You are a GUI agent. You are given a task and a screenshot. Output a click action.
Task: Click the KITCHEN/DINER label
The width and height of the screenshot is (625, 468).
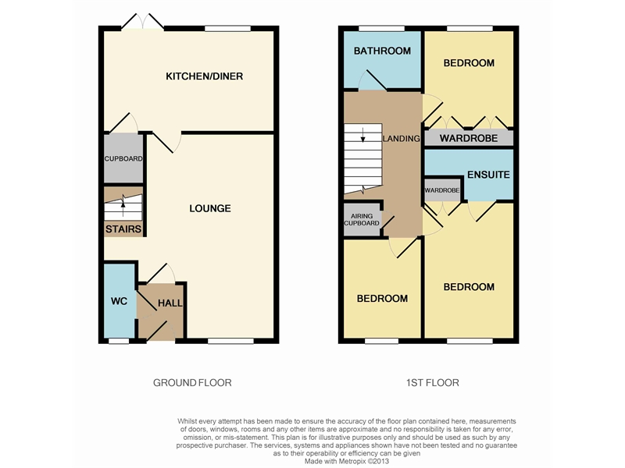tap(204, 76)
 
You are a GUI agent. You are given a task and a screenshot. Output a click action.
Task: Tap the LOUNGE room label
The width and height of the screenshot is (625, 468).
tap(210, 208)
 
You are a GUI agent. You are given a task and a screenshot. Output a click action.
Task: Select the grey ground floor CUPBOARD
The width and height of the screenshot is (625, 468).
tap(123, 159)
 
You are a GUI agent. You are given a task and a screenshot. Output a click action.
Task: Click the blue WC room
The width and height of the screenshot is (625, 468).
tap(119, 301)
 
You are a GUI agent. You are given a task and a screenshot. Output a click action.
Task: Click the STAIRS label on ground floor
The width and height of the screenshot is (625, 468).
tap(123, 229)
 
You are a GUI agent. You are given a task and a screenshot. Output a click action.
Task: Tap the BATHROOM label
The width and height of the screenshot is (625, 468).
tap(382, 51)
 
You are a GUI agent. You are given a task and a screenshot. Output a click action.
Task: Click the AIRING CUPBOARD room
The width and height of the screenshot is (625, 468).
tap(362, 219)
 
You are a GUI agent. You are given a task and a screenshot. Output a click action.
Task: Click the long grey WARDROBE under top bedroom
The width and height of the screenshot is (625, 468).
tap(469, 139)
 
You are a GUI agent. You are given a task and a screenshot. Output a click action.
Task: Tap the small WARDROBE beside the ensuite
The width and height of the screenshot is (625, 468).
tap(441, 190)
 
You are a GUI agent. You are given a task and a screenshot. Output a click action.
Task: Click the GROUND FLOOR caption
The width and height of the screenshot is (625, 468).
tap(192, 383)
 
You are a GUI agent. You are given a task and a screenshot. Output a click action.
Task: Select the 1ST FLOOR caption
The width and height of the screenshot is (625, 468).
tap(432, 383)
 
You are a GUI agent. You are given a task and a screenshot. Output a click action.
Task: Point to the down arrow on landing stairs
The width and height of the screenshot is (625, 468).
tap(362, 139)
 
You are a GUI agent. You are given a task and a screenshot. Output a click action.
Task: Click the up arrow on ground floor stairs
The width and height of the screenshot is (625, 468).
tap(123, 205)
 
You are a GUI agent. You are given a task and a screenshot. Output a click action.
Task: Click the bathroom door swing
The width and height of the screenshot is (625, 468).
tap(371, 82)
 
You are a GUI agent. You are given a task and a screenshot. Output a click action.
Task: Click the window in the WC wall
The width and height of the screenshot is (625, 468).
tap(119, 340)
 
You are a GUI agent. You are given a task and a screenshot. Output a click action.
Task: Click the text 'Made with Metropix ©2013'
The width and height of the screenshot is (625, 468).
tap(347, 460)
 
